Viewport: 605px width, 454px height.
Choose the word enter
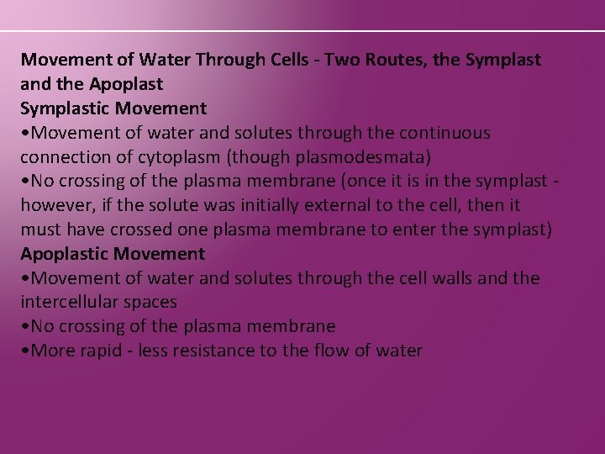click(x=421, y=230)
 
